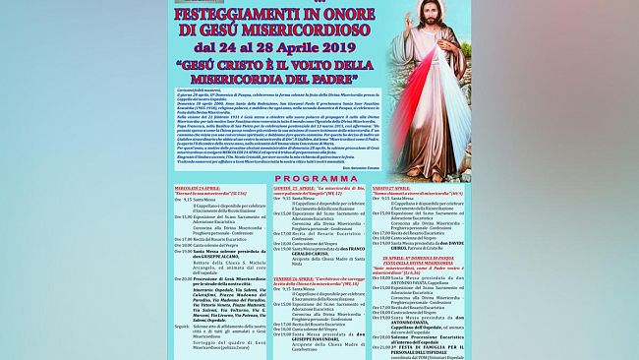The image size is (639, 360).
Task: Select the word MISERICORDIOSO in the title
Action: [298, 30]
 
